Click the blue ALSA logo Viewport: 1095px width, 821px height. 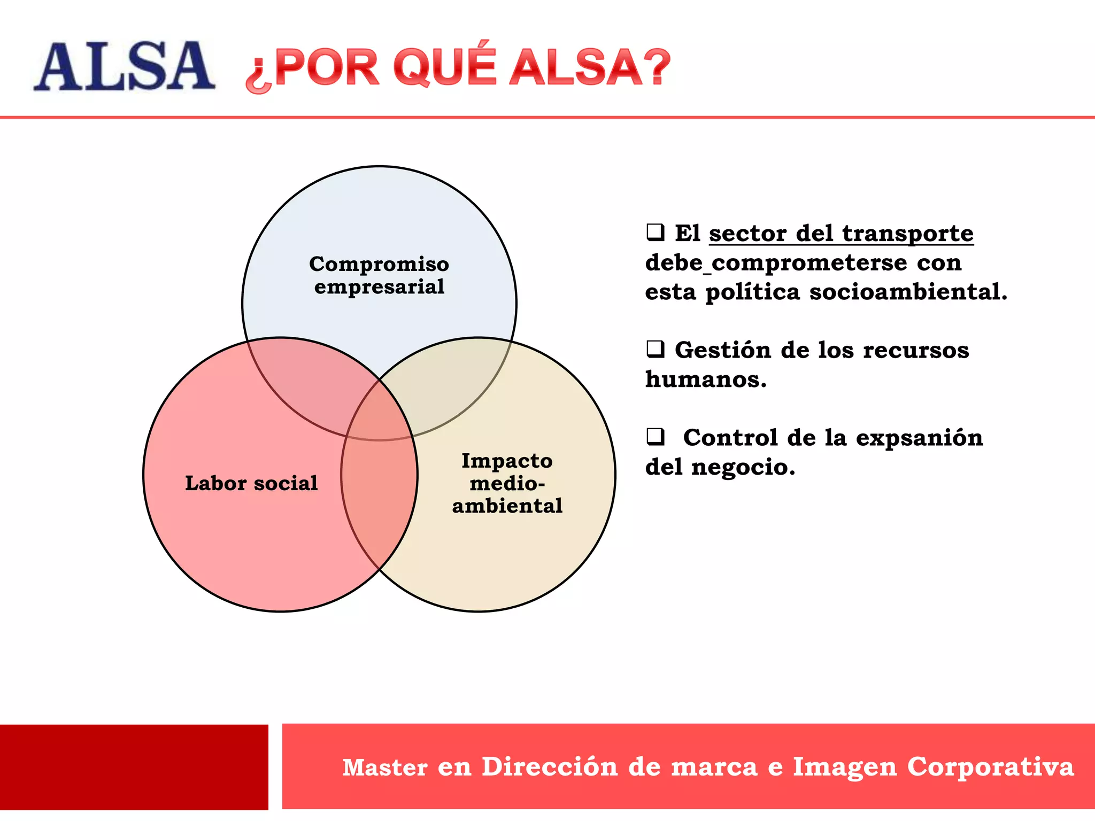[x=124, y=66]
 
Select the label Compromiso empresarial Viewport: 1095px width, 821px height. [x=379, y=275]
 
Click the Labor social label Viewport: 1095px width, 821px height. [x=251, y=483]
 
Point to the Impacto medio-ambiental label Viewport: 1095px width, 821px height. [x=507, y=483]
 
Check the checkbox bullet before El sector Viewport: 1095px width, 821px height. [x=655, y=233]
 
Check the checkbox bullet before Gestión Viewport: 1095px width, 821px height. [x=655, y=349]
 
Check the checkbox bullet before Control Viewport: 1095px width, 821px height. [x=655, y=437]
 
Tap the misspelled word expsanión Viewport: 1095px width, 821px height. [x=919, y=438]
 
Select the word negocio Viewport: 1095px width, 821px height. [x=743, y=467]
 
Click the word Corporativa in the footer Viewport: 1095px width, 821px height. [x=990, y=766]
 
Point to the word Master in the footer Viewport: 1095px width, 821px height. [x=385, y=766]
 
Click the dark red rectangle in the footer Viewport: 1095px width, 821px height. [x=134, y=766]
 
